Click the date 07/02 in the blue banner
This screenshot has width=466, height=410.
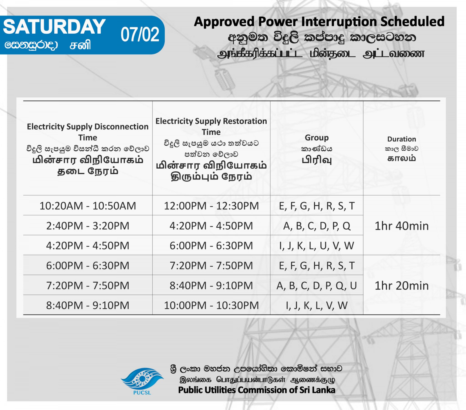[140, 35]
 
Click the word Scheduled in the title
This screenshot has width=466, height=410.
[412, 22]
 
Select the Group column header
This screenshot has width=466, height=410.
[317, 137]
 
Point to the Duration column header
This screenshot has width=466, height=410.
[402, 139]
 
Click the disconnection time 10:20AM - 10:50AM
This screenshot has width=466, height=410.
[88, 206]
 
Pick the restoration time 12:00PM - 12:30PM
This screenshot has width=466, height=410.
[211, 206]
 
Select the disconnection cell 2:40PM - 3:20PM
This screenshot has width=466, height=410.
[88, 226]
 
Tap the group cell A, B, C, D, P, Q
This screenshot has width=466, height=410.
[317, 226]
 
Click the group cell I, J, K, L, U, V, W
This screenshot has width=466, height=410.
[317, 246]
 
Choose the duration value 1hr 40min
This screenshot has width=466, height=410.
[402, 226]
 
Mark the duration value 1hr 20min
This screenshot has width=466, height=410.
[402, 286]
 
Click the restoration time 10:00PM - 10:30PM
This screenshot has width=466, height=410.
[211, 305]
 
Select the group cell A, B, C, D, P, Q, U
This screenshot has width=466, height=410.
[317, 286]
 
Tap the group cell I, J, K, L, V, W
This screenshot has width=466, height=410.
[317, 305]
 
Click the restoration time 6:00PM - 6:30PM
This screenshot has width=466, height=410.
[211, 246]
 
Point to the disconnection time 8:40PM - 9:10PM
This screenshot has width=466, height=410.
[88, 305]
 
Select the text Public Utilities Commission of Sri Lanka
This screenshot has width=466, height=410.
[257, 390]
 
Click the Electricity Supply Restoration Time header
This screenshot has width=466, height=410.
[211, 126]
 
